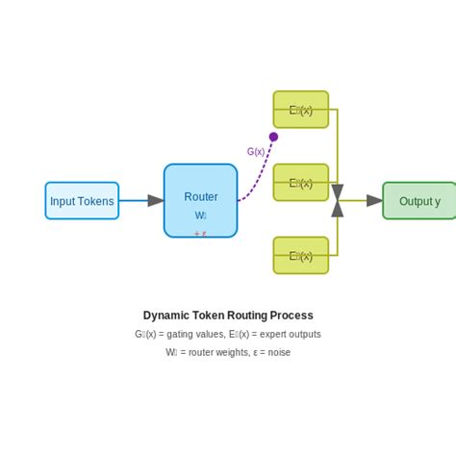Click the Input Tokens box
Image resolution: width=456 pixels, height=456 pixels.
pyautogui.click(x=82, y=201)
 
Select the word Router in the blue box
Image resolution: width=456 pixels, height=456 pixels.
pyautogui.click(x=201, y=197)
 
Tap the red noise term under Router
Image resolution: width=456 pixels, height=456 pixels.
pyautogui.click(x=200, y=233)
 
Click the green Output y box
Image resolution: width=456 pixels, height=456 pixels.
pyautogui.click(x=419, y=201)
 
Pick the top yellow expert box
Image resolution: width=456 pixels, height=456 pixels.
pyautogui.click(x=301, y=110)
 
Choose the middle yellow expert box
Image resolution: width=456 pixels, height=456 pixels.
pyautogui.click(x=301, y=183)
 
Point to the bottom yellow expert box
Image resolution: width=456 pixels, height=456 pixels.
pyautogui.click(x=301, y=256)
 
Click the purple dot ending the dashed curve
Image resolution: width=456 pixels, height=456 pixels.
pyautogui.click(x=273, y=137)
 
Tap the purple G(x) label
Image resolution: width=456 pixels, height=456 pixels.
pyautogui.click(x=256, y=151)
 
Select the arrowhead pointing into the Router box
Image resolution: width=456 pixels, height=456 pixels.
pyautogui.click(x=156, y=201)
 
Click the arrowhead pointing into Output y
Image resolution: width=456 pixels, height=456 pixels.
pyautogui.click(x=374, y=201)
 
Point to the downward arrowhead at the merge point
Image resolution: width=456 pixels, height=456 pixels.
pyautogui.click(x=337, y=192)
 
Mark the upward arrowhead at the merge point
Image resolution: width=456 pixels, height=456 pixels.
pyautogui.click(x=337, y=209)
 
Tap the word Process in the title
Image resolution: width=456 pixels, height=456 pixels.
pyautogui.click(x=292, y=316)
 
